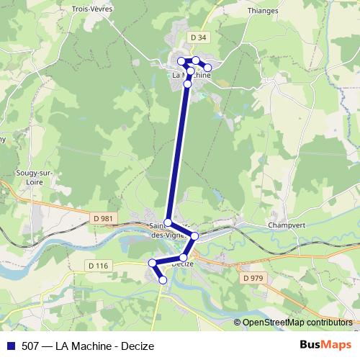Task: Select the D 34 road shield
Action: coord(198,37)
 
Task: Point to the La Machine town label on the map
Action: coord(191,75)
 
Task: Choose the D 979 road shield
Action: coord(253,278)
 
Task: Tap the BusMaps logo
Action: coord(325,345)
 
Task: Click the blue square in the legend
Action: coord(10,346)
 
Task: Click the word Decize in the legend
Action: coord(138,346)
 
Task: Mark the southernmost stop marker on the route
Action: coord(163,279)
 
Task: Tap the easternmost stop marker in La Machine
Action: coord(208,68)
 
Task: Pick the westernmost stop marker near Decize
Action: coord(152,263)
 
